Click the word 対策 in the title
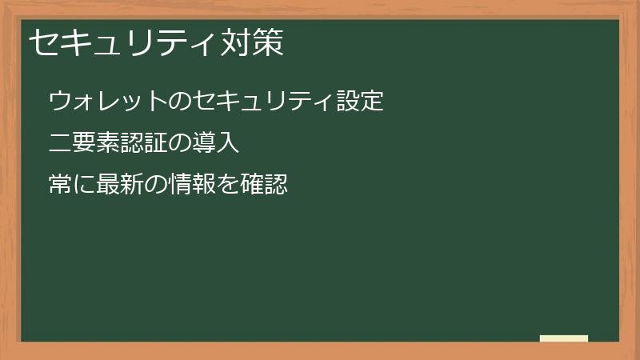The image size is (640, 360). tap(251, 43)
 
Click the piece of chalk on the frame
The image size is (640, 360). tap(564, 338)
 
